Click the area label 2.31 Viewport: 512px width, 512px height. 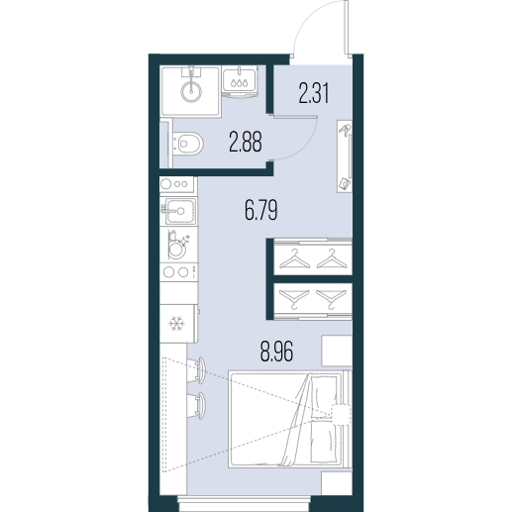click(x=314, y=93)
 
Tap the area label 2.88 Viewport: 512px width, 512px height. click(x=246, y=142)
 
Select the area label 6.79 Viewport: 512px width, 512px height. click(x=260, y=210)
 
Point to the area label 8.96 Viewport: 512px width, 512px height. click(x=276, y=352)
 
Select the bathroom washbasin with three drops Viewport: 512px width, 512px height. click(x=240, y=81)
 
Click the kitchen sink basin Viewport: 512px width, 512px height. click(x=180, y=211)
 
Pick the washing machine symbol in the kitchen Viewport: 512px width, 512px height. click(x=176, y=245)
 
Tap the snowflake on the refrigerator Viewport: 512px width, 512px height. click(x=176, y=324)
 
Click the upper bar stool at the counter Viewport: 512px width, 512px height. click(x=197, y=370)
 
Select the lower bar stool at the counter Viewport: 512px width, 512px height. click(x=197, y=406)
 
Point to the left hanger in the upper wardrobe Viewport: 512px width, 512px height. click(x=294, y=258)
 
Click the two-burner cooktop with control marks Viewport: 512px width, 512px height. click(x=178, y=272)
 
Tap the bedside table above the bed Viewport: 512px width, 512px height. click(x=337, y=351)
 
